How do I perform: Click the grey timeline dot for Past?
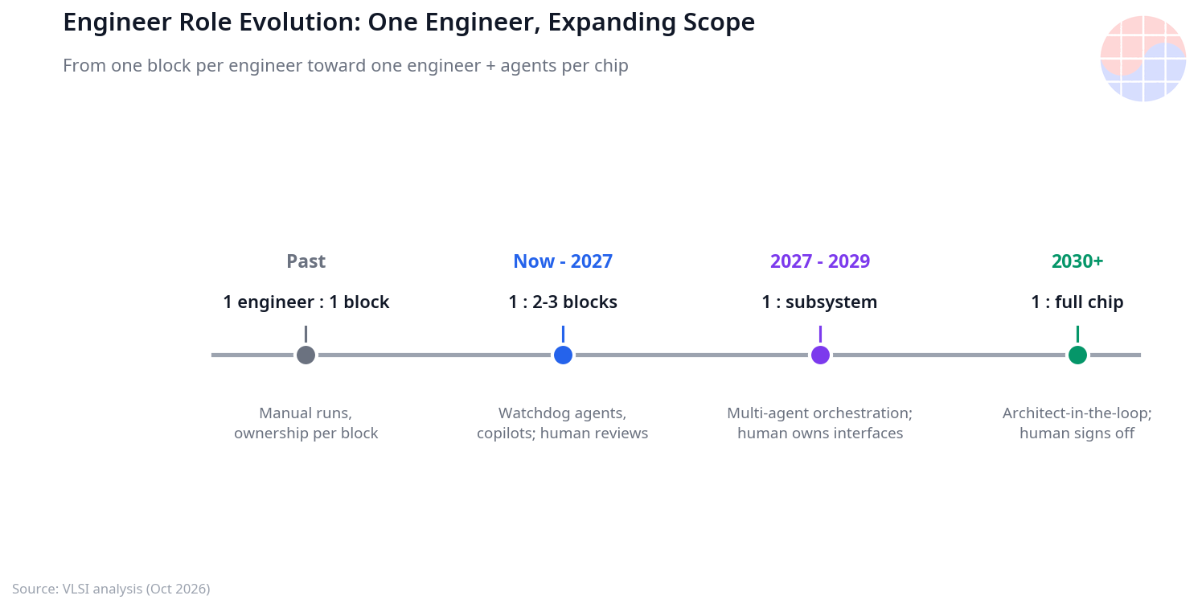[x=306, y=355]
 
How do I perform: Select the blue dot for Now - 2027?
[x=563, y=355]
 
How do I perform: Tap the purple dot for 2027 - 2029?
[x=820, y=355]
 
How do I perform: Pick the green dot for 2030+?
[x=1077, y=355]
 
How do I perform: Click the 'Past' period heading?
[x=306, y=261]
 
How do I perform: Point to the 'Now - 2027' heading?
[x=563, y=261]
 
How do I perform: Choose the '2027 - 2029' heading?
[x=820, y=261]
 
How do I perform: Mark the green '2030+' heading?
[x=1077, y=261]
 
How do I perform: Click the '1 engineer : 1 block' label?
[x=306, y=302]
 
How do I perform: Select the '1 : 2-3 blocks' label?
[x=563, y=302]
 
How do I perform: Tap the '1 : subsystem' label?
[x=820, y=302]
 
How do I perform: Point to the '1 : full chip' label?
[x=1077, y=302]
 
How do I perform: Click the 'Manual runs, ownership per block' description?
[x=306, y=423]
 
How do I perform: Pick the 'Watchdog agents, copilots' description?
[x=562, y=423]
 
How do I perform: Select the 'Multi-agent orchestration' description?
[x=820, y=423]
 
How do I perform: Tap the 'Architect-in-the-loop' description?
[x=1077, y=423]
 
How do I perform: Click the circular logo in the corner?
[x=1143, y=59]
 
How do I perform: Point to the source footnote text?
[x=111, y=589]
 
